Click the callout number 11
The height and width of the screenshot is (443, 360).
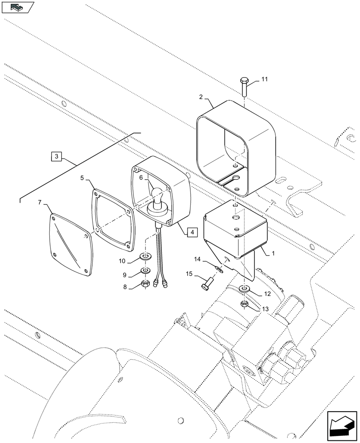pos(264,80)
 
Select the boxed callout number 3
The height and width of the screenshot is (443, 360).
pos(56,156)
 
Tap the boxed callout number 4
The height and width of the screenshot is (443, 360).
pos(191,232)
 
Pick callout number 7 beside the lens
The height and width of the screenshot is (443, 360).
pos(40,202)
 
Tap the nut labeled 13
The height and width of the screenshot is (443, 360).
pos(244,304)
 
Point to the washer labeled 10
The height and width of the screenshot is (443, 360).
pos(145,256)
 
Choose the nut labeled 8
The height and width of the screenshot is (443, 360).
pos(145,284)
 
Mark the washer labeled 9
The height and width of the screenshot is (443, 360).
pos(145,270)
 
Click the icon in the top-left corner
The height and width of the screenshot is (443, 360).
pos(18,7)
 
